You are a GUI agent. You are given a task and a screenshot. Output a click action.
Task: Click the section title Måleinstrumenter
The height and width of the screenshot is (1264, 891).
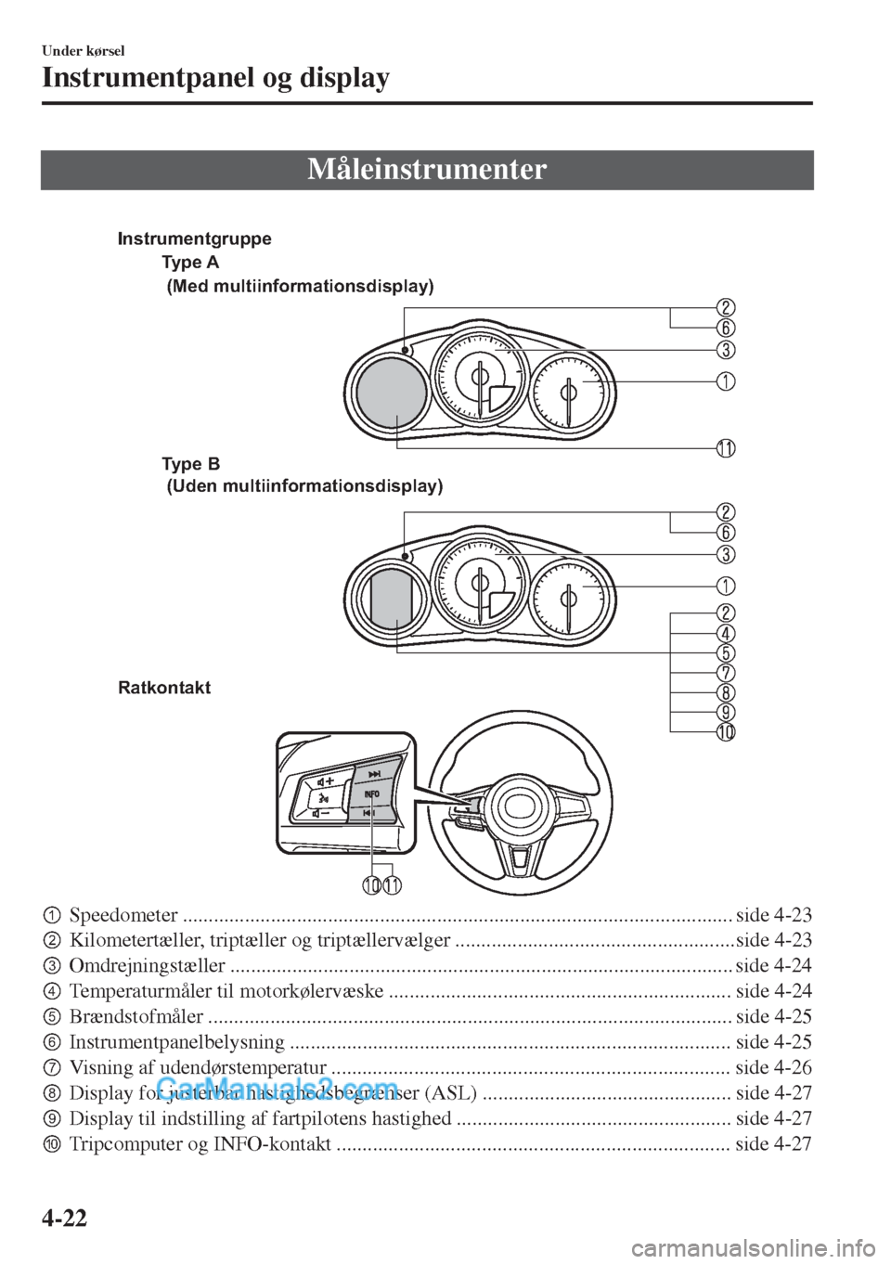[x=427, y=170]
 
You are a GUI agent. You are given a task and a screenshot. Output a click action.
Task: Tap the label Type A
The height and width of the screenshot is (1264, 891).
[x=197, y=264]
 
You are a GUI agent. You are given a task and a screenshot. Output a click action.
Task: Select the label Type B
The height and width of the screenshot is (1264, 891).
[x=190, y=462]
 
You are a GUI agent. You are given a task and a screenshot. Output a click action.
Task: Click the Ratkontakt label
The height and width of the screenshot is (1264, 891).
[x=164, y=688]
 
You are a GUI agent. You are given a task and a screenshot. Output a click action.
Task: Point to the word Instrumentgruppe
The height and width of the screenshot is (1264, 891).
[x=195, y=239]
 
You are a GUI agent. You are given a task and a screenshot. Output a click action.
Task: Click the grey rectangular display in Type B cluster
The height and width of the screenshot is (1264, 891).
[x=392, y=598]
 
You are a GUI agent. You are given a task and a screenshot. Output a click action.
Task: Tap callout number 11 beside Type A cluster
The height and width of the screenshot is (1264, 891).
[x=725, y=448]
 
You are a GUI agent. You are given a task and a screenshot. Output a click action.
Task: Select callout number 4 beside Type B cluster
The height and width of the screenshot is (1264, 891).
[x=725, y=632]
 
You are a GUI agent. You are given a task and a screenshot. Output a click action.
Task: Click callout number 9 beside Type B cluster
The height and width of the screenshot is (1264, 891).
[x=725, y=713]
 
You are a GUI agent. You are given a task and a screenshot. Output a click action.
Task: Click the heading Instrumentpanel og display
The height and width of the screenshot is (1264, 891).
[x=215, y=79]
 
